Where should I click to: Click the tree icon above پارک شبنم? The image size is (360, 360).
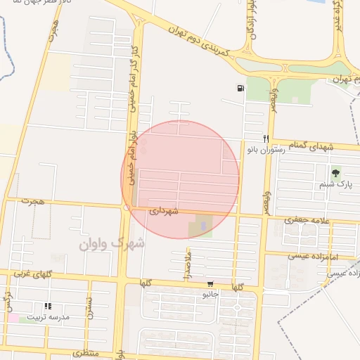click(335, 172)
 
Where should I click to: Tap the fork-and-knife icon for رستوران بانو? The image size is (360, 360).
click(266, 139)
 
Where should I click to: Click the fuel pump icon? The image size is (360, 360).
click(241, 89)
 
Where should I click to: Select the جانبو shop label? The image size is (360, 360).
click(211, 295)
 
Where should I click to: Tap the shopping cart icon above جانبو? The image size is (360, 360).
click(210, 285)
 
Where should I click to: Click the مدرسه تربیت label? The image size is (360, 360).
click(49, 317)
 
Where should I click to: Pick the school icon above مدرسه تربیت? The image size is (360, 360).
click(48, 306)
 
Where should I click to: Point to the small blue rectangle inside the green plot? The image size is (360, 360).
click(204, 226)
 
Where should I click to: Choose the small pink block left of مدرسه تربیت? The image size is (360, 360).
click(13, 318)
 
